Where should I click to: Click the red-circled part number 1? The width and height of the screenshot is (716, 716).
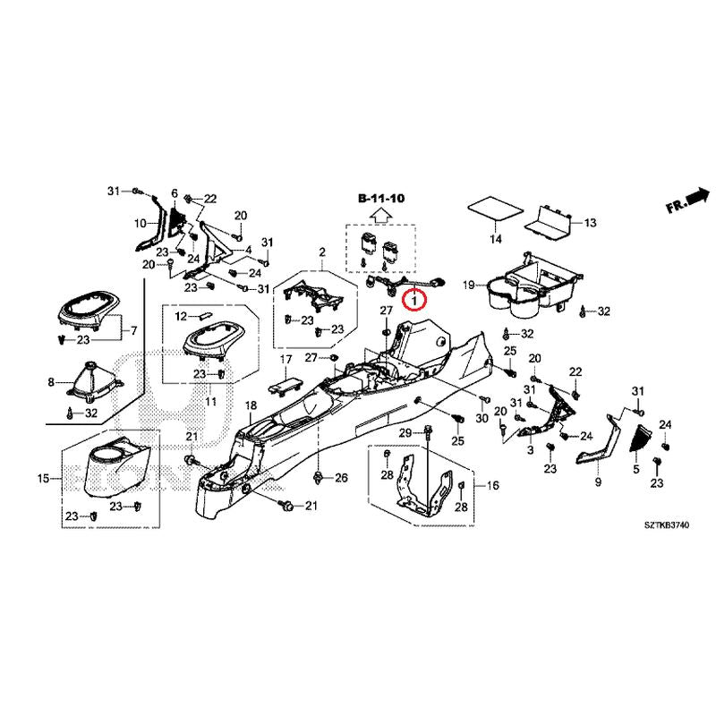pos(415,301)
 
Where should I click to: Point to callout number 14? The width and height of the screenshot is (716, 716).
pos(495,239)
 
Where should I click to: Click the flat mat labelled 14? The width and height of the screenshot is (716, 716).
pos(495,210)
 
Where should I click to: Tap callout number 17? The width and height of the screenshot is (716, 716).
pos(286,359)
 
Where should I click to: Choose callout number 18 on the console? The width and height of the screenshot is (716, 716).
pos(251,407)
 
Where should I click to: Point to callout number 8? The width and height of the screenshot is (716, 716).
pos(50,382)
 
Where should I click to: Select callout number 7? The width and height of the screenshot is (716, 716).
pos(134,331)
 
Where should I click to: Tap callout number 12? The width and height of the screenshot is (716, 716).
pos(180,316)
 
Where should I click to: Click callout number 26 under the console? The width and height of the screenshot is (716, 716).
pos(340,478)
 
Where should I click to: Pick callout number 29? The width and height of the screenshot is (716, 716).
pos(404,433)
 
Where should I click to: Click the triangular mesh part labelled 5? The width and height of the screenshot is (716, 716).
pos(643,438)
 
